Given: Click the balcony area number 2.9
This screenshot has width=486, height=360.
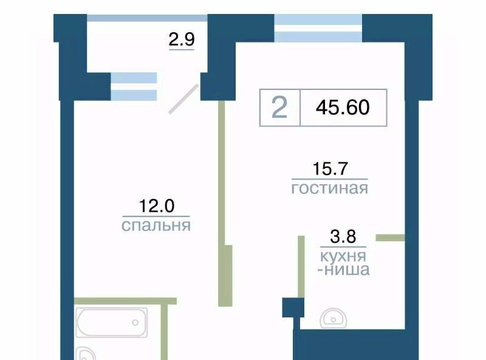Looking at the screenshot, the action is point(182,40).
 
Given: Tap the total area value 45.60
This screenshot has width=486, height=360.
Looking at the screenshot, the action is point(343,108).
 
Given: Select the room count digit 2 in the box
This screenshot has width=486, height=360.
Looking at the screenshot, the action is point(279,108).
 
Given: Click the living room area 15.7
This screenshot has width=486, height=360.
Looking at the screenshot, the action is point(330,168).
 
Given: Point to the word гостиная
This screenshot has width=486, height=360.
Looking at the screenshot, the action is point(330,188).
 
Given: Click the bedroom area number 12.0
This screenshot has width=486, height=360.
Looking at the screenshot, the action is point(157,206).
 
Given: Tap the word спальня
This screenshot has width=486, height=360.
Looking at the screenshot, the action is point(156,226).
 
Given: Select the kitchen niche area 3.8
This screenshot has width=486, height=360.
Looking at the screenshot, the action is point(343,237).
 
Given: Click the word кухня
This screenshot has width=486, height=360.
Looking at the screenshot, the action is point(343,257).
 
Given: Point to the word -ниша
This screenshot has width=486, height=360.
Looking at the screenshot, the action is point(344,269).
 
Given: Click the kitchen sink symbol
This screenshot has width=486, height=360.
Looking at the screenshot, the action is point(334,318).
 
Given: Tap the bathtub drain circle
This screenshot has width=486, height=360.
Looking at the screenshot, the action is point(135,322).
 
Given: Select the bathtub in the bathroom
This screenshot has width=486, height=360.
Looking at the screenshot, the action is point(111,322).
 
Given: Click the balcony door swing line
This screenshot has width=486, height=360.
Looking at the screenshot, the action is point(183,99).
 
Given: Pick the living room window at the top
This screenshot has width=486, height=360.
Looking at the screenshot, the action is point(318,28).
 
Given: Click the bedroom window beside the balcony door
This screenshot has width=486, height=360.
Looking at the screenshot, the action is point(134,86).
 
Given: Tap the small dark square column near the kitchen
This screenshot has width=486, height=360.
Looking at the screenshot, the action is point(293,308).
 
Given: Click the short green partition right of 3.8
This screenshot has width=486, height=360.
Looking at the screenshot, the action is point(390,238).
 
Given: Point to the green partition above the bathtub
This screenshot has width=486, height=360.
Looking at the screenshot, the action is point(125,301).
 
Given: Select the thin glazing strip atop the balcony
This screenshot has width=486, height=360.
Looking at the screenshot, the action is point(147,18).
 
